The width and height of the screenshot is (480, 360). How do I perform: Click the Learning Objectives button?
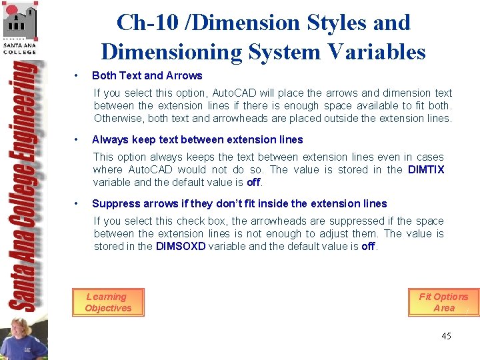coord(108,302)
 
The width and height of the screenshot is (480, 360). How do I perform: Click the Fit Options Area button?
coord(443,302)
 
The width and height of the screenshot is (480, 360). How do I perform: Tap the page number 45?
coord(446,336)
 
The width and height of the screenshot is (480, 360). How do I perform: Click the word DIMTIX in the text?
coord(426,169)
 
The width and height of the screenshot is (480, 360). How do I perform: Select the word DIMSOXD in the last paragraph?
coord(180,246)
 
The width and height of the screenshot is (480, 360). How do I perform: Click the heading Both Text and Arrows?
coord(147,75)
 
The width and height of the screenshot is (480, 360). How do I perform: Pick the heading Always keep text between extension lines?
coord(197,139)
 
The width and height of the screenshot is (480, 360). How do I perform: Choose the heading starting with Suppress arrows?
coord(239,203)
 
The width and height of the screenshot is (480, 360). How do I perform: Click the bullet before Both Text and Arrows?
coord(78,75)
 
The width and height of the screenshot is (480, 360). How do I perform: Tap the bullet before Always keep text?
coord(78,139)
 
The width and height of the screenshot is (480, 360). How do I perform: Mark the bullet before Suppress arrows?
coord(78,203)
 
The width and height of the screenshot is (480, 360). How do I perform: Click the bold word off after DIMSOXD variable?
coord(369,246)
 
